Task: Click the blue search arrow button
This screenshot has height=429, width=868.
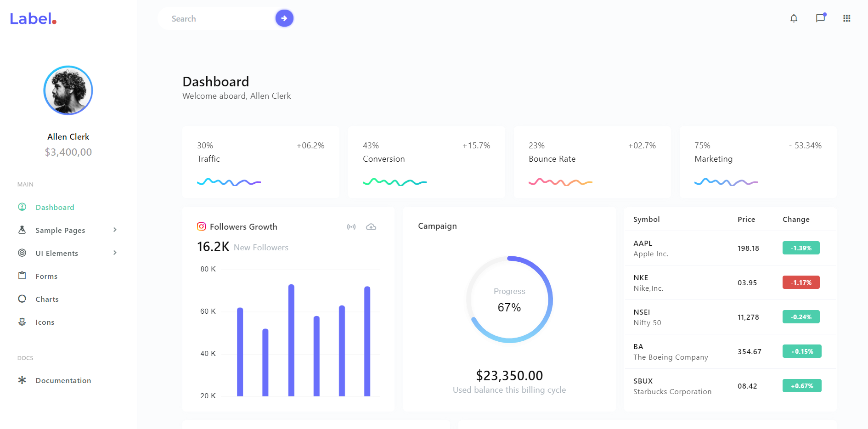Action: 284,18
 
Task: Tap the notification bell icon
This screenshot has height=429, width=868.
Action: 794,18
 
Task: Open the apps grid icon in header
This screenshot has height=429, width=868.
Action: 846,18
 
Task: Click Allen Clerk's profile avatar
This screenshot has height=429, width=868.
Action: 68,90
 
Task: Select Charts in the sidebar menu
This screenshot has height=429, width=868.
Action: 47,299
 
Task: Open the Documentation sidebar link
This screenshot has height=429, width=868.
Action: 63,380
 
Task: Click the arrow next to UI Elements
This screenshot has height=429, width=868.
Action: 115,253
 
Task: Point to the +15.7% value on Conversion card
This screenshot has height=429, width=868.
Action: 476,146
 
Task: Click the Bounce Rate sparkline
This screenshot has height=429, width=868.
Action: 560,182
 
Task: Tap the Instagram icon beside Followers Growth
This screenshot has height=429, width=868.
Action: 201,226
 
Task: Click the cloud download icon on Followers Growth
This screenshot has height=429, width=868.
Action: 371,227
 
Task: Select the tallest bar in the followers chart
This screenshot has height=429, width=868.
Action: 291,340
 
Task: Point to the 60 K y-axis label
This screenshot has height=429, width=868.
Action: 208,311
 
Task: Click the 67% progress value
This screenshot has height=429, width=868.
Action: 509,307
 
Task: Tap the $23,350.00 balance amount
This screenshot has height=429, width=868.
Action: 509,376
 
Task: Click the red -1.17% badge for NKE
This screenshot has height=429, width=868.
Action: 800,282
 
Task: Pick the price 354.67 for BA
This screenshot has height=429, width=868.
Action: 749,351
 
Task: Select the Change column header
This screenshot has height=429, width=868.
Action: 795,220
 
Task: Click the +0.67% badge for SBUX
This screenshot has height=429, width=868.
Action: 801,386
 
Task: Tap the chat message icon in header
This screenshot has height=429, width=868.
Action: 820,18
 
